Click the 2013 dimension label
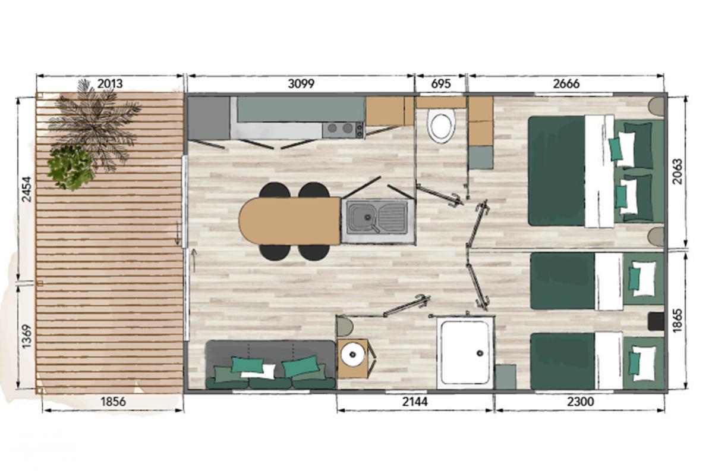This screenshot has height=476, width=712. [x=110, y=84]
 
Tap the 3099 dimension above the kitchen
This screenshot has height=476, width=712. [x=301, y=84]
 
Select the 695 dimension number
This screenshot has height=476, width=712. [x=441, y=84]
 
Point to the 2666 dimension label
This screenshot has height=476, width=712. [x=566, y=84]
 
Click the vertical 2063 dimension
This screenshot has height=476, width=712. [x=677, y=171]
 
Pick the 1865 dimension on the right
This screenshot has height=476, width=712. [x=677, y=321]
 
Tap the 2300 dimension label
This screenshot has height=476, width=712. [x=580, y=402]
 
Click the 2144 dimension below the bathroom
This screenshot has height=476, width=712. [x=415, y=402]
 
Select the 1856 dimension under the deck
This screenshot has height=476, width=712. [x=113, y=402]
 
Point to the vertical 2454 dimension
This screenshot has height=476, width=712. [x=27, y=189]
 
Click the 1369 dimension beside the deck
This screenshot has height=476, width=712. [x=27, y=336]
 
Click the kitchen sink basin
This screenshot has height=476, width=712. [x=362, y=217]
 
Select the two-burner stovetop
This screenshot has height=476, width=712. [x=343, y=129]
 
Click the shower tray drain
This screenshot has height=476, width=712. [x=478, y=352]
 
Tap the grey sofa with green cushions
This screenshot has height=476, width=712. [x=270, y=365]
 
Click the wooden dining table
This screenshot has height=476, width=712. [x=289, y=221]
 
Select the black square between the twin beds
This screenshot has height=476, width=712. [x=656, y=321]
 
